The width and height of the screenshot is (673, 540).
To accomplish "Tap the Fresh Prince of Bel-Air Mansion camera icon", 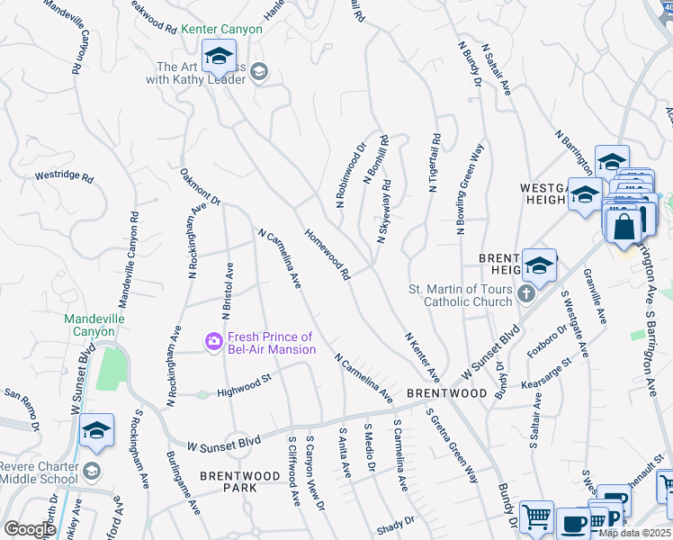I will (x=214, y=341).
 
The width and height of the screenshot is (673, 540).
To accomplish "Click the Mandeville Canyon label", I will (x=94, y=325).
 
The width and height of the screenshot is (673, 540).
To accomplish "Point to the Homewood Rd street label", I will (x=326, y=253).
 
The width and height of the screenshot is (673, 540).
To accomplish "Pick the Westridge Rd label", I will (x=64, y=177).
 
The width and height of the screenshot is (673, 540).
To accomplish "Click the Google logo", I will (x=29, y=529).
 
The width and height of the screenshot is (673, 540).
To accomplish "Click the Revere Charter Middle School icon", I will (x=92, y=472).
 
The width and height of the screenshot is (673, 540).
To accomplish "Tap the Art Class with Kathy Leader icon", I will (x=259, y=72).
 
